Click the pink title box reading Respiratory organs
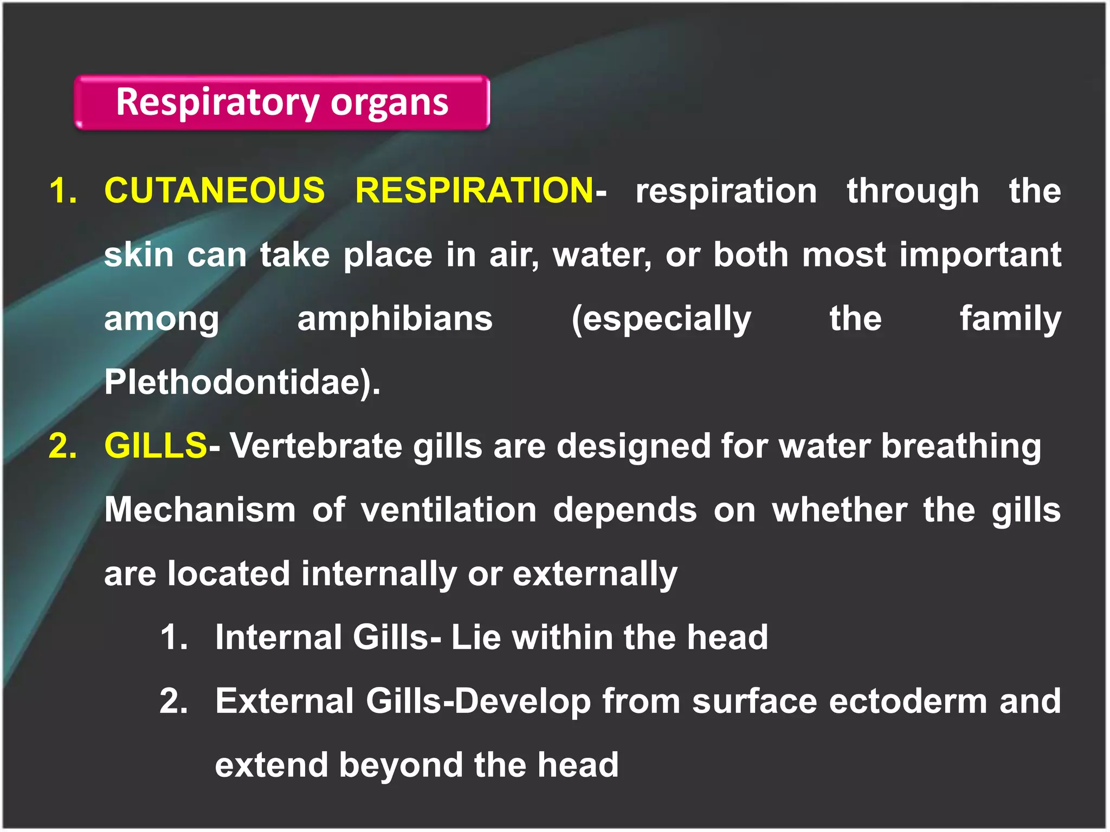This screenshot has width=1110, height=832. coord(282,102)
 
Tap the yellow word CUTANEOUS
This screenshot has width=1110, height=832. coord(215,191)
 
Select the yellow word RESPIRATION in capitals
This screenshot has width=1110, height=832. coord(474,191)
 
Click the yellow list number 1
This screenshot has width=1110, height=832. coord(63,191)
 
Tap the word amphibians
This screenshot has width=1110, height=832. coord(395,318)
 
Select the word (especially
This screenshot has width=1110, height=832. coord(661,318)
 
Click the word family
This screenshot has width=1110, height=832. coord(1010,318)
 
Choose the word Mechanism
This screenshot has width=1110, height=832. coord(200,510)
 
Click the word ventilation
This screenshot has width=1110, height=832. coord(449,510)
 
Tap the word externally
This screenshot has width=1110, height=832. coord(595,574)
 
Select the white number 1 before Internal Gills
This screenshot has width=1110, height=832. coord(174,637)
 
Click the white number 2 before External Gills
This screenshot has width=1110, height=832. coord(174,701)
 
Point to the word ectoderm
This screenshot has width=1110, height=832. coord(908,701)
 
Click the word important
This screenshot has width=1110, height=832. coord(980,255)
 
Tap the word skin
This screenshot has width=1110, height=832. coord(139,255)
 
